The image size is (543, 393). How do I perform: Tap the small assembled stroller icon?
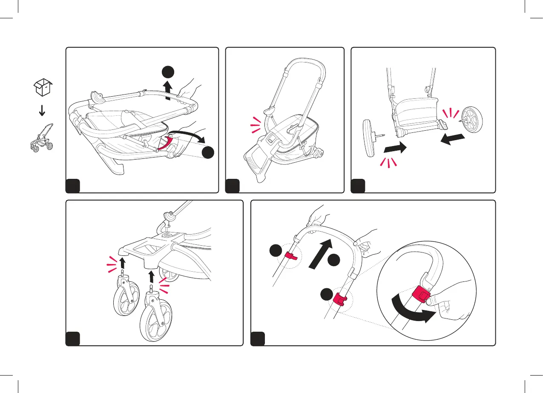(x=42, y=137)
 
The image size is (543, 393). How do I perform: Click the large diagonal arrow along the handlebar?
(x=320, y=254)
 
